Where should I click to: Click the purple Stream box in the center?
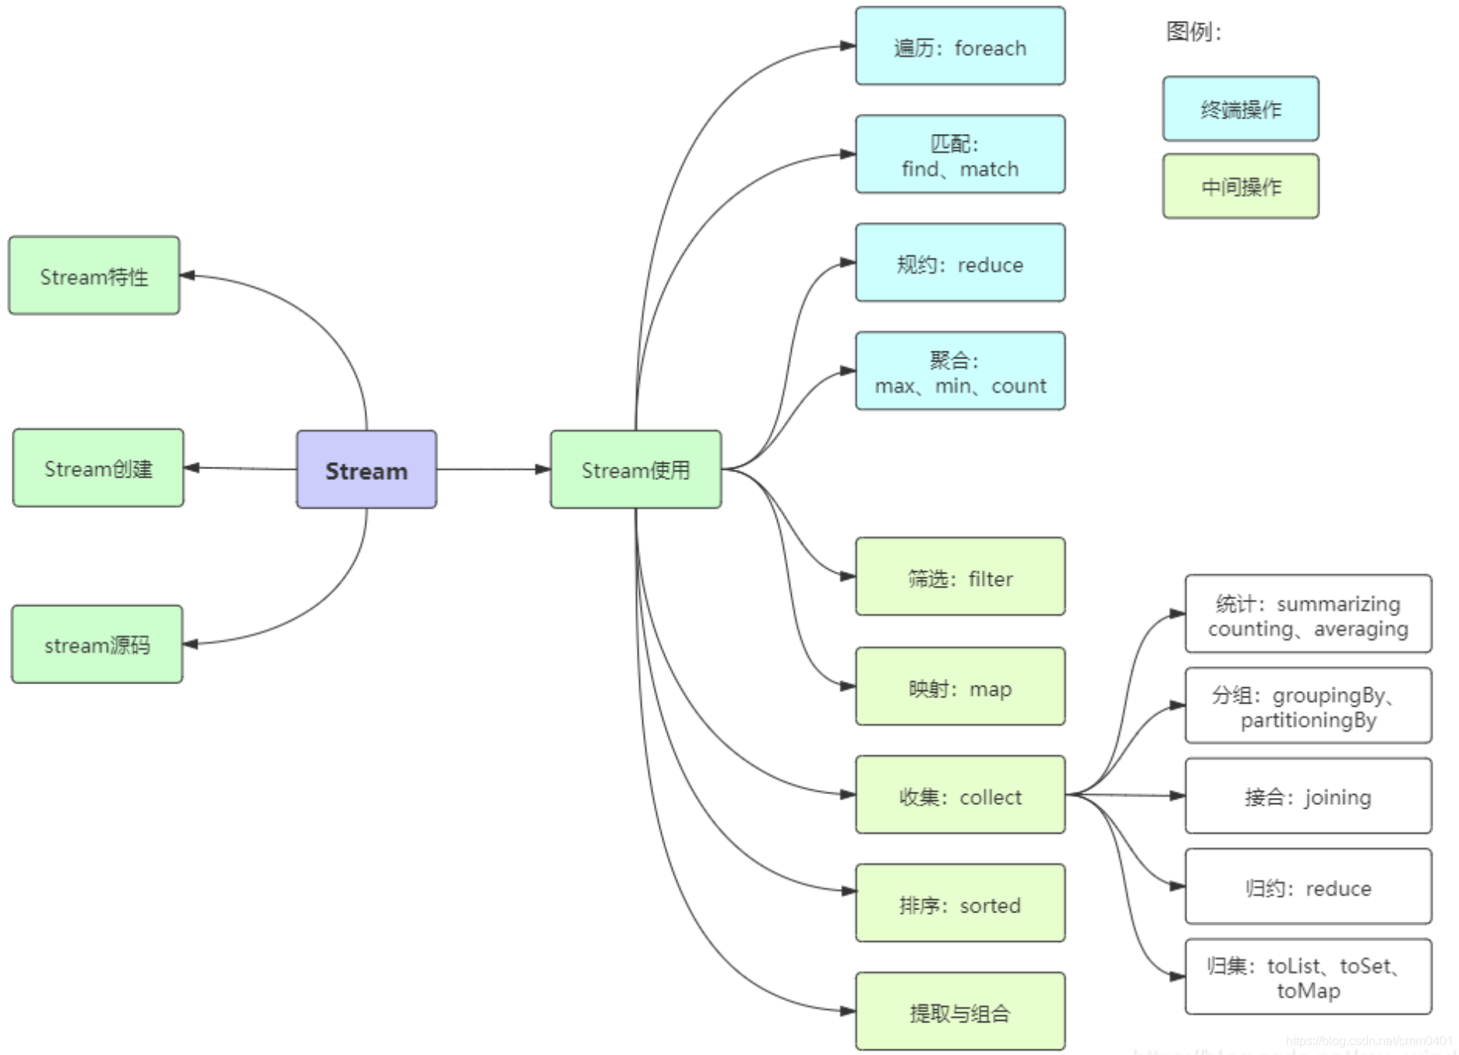[366, 469]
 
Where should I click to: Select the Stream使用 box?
[636, 469]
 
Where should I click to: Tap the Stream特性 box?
[94, 276]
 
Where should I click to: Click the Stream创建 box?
[98, 468]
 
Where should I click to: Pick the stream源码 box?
[97, 644]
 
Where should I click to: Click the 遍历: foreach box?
[960, 47]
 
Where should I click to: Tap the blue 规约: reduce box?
[960, 263]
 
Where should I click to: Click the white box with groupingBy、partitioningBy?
[1308, 706]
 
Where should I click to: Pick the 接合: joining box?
[1308, 796]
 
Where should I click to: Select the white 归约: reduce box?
[1308, 887]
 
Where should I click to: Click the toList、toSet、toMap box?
[1308, 977]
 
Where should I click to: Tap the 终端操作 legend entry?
[1241, 109]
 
